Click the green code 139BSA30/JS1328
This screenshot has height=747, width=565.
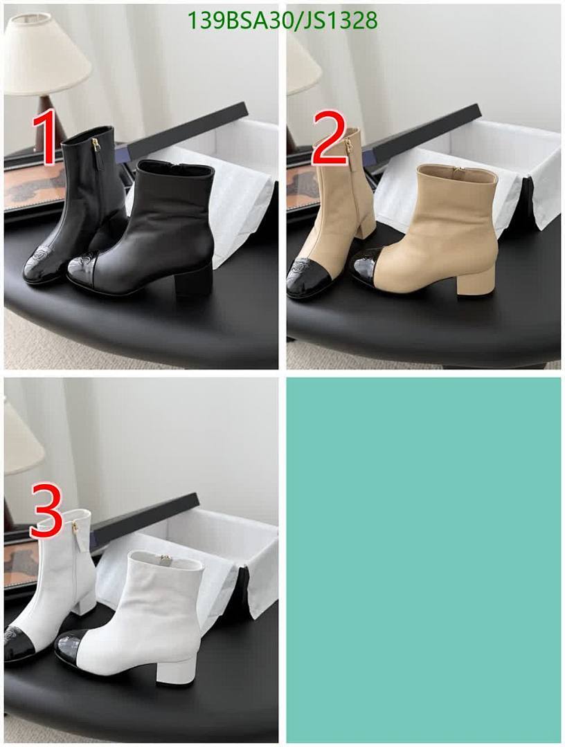point(282,21)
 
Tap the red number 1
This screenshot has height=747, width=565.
point(46,140)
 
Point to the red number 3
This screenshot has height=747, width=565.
point(47,513)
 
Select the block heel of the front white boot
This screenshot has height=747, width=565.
point(175,667)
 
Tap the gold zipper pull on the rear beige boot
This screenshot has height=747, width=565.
point(349,145)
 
